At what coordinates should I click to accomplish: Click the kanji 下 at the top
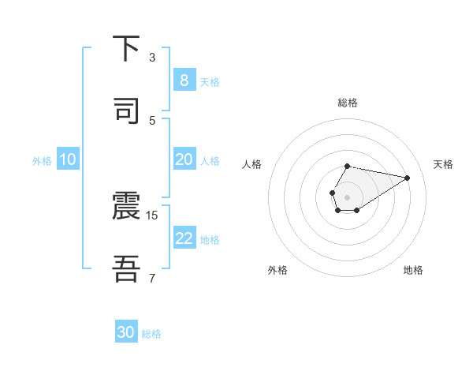coord(126,49)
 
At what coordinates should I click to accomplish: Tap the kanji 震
coord(126,207)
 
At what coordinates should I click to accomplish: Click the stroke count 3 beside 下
coord(152,58)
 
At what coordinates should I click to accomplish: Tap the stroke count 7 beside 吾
coord(152,278)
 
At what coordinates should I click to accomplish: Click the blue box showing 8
coord(184,81)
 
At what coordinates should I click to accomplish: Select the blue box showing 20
coord(184,159)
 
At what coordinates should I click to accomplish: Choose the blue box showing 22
coord(184,238)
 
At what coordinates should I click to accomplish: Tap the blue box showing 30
coord(126,333)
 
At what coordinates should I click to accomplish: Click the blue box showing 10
coord(67,159)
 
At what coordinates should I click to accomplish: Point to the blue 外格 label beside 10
coord(42,161)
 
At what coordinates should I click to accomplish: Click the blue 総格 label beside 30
coord(151,334)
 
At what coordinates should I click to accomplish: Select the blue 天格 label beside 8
coord(210,81)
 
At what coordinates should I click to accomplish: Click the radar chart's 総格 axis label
coord(347,103)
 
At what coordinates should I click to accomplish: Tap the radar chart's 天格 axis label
coord(443,164)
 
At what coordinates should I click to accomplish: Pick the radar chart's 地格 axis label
coord(413,270)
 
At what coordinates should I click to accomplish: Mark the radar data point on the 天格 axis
coord(408,177)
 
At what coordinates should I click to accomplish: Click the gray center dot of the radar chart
coord(347,196)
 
